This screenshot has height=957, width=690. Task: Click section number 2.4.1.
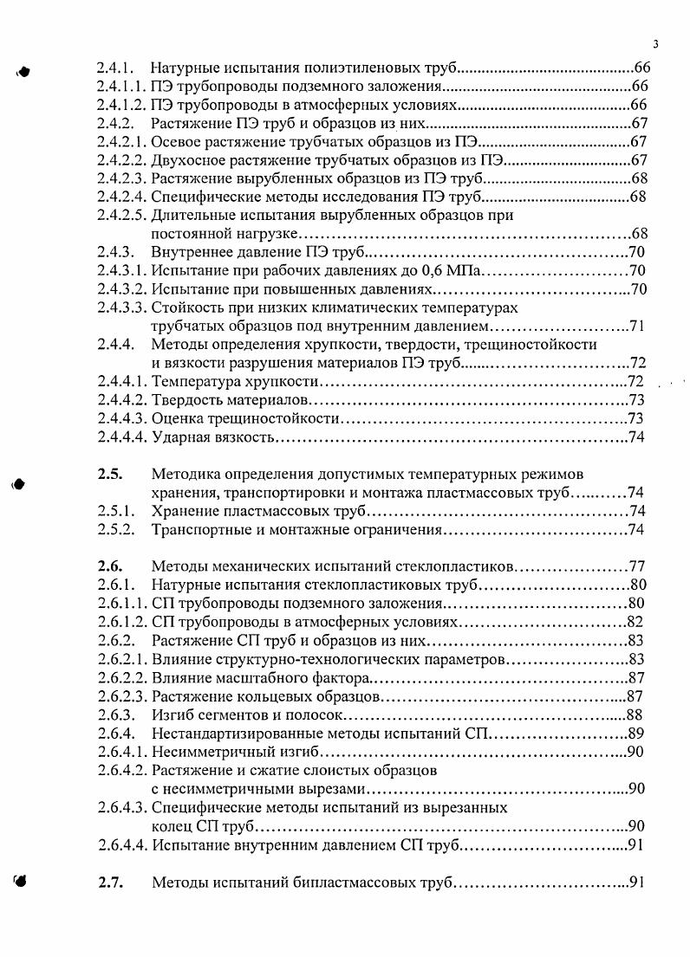click(x=114, y=67)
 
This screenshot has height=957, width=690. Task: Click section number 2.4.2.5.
click(x=122, y=215)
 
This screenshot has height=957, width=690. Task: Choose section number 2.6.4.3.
click(x=122, y=807)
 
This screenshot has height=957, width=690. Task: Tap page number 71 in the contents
click(x=638, y=327)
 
